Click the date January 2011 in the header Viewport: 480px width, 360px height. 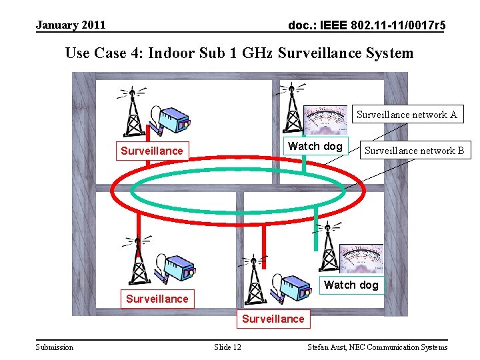click(71, 25)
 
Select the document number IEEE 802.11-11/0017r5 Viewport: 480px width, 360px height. click(367, 26)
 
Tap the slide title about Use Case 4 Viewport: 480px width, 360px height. click(239, 53)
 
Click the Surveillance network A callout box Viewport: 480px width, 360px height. click(407, 115)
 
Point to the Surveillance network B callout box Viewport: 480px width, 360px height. click(414, 151)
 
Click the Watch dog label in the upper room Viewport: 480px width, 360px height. click(315, 146)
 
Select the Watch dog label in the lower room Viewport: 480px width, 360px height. click(351, 285)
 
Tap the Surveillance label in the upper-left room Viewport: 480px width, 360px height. click(151, 151)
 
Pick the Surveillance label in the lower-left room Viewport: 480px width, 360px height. click(157, 299)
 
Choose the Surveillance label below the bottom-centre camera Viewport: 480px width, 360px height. click(273, 319)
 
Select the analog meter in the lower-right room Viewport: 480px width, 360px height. click(361, 260)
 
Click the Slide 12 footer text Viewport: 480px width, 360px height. click(227, 347)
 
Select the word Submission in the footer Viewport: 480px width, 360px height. click(55, 347)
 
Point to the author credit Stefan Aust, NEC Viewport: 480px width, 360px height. click(377, 347)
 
